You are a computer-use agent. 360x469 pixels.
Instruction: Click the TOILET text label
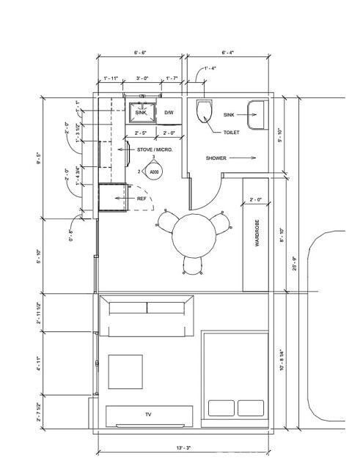coord(232,133)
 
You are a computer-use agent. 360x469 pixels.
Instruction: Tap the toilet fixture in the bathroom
coord(205,111)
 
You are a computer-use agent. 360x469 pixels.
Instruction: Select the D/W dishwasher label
coord(169,112)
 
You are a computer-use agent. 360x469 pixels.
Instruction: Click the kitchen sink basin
coord(142,113)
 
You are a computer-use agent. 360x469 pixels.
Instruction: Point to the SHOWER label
coord(216,158)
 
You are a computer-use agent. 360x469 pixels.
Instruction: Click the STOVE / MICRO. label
coord(154,149)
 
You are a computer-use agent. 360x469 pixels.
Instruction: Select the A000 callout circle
coord(153,172)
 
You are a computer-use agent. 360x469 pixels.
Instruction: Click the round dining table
coord(194,234)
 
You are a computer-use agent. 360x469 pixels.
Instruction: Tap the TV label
coord(147,415)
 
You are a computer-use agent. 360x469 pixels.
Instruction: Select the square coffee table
coord(125,372)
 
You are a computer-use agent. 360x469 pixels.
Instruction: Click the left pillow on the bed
coord(220,407)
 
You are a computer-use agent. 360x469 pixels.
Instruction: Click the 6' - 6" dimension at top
coord(141,53)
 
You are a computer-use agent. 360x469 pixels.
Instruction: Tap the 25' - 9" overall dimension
coord(295,262)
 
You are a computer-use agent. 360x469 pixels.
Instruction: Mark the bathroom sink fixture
coord(257,116)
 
